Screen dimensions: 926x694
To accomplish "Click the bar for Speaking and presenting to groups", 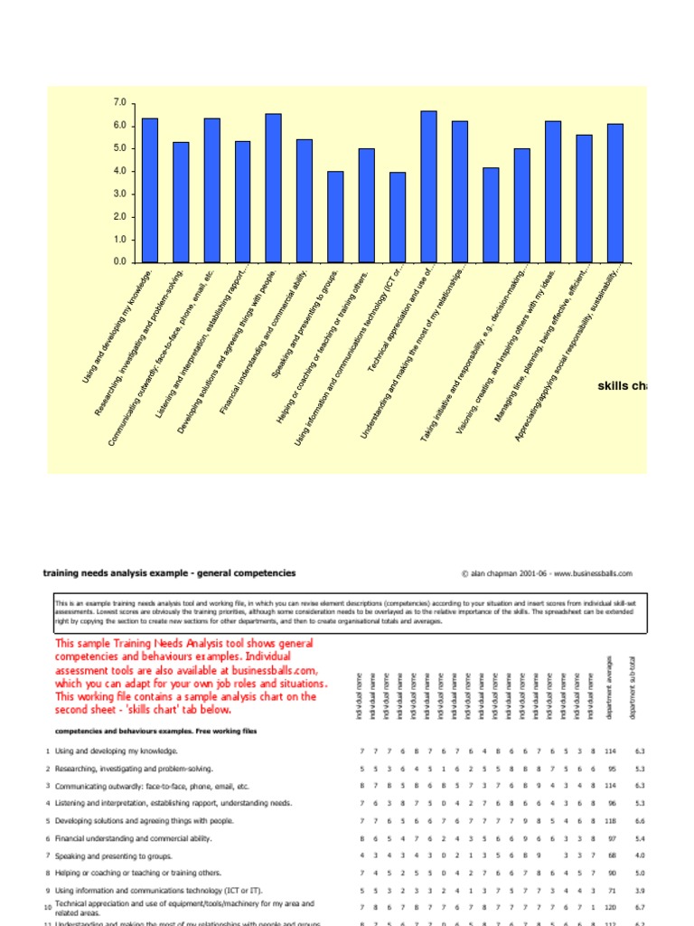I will point(335,216).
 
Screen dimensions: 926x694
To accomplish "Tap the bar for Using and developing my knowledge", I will point(150,190).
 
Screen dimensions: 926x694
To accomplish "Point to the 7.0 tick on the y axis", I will point(120,103).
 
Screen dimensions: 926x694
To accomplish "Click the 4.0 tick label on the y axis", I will point(120,171).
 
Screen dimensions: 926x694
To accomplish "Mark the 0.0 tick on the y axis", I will point(120,262).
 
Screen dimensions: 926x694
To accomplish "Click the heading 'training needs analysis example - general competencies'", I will point(169,573).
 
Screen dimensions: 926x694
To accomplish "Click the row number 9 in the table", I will point(47,891).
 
